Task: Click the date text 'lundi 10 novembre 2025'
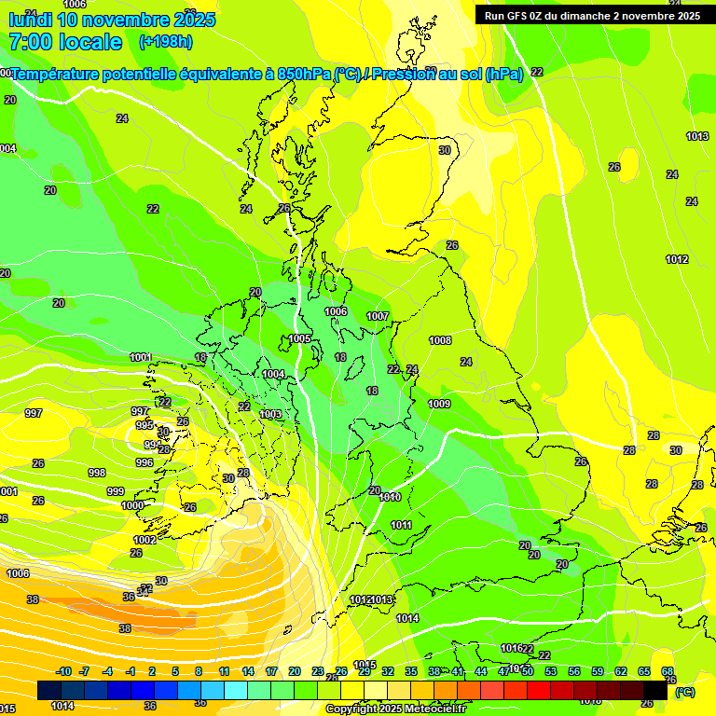point(112,20)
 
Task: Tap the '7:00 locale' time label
point(65,42)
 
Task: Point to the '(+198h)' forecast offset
point(165,41)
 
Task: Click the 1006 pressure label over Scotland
point(336,311)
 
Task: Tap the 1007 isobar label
point(378,316)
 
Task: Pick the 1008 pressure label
point(440,340)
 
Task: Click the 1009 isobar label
point(439,404)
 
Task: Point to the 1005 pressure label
point(299,338)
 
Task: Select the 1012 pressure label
point(677,259)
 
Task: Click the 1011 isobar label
point(401,525)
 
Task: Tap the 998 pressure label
point(97,473)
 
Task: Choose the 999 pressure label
point(116,491)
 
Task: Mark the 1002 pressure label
point(145,540)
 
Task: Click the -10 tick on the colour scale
point(63,671)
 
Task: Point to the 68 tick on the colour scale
point(668,671)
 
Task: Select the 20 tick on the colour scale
point(295,671)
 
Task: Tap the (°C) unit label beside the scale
point(685,692)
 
